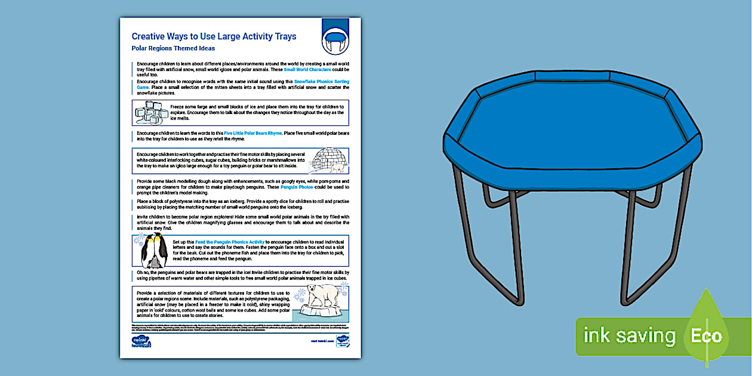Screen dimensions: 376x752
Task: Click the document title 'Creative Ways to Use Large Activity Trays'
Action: pos(214,36)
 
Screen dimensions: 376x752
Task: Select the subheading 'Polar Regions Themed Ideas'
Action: pos(173,48)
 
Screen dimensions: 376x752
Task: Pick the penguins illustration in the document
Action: pos(154,251)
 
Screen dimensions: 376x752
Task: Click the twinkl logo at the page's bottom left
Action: pos(140,341)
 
